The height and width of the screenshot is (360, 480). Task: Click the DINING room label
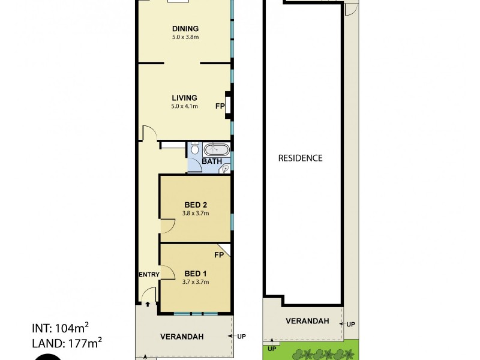pyautogui.click(x=185, y=28)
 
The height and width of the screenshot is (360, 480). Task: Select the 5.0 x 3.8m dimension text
pyautogui.click(x=185, y=37)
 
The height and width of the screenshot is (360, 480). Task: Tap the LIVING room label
pyautogui.click(x=185, y=98)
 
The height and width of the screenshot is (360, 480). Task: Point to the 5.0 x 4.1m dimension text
pyautogui.click(x=185, y=106)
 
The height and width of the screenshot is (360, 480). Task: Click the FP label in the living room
pyautogui.click(x=220, y=106)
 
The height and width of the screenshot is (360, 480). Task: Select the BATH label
pyautogui.click(x=212, y=161)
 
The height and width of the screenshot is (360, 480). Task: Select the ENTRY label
pyautogui.click(x=149, y=274)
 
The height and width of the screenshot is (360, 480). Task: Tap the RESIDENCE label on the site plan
pyautogui.click(x=301, y=158)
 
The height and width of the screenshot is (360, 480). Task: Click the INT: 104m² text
pyautogui.click(x=60, y=328)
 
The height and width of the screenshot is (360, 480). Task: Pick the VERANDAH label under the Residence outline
pyautogui.click(x=307, y=321)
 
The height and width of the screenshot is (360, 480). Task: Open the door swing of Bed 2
pyautogui.click(x=167, y=226)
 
